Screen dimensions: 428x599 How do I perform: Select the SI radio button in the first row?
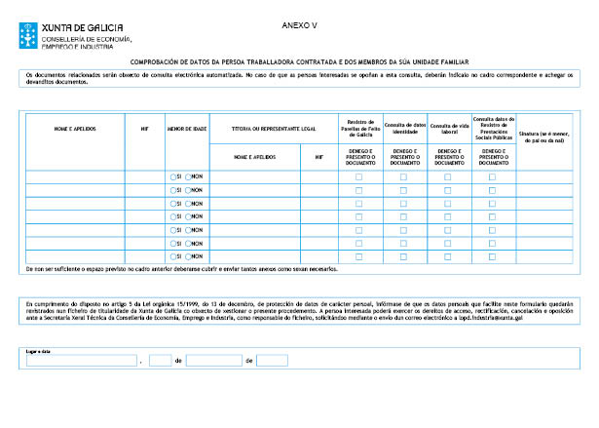[172, 175]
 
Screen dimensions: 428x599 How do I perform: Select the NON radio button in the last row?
[189, 256]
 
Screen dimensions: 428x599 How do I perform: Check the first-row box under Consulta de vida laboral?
[448, 176]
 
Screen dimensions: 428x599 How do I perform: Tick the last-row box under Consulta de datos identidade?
[404, 256]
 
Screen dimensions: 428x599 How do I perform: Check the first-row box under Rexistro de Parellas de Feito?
[359, 176]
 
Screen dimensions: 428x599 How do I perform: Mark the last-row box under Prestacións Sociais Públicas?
[493, 256]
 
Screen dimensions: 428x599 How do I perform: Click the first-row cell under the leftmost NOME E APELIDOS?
[75, 175]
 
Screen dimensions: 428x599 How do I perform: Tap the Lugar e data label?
[36, 349]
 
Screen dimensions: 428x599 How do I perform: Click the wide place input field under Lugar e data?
[81, 360]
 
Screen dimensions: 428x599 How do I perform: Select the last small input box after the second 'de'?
[272, 360]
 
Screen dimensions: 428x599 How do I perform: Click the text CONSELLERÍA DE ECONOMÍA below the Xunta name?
[86, 40]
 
